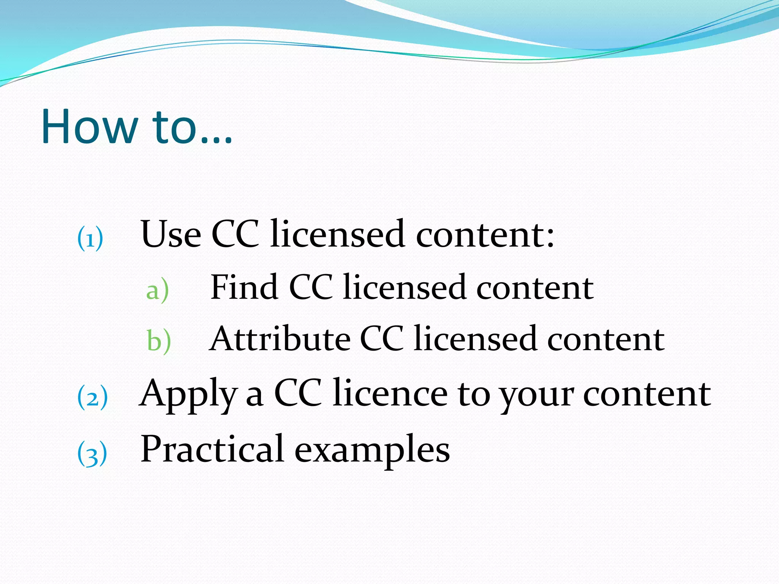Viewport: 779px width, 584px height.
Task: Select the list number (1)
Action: pyautogui.click(x=90, y=238)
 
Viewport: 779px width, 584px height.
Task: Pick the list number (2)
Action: pyautogui.click(x=92, y=397)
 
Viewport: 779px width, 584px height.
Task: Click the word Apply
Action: pyautogui.click(x=188, y=394)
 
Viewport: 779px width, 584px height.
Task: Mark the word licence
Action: pyautogui.click(x=390, y=393)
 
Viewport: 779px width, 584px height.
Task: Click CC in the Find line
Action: pyautogui.click(x=311, y=287)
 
